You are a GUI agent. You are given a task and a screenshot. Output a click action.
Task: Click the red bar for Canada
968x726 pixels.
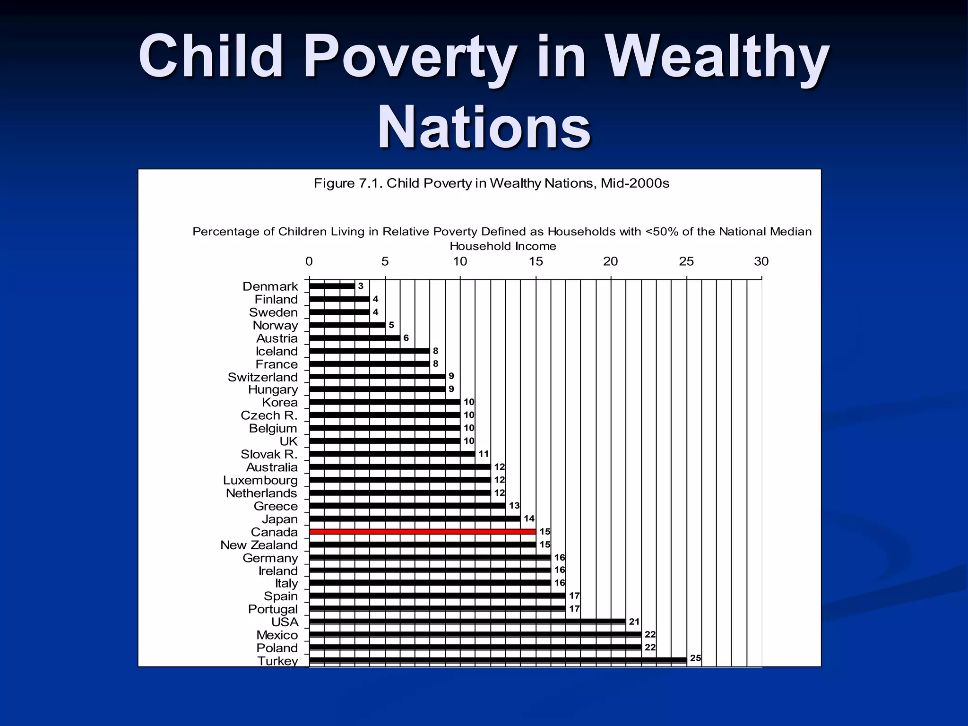(x=422, y=532)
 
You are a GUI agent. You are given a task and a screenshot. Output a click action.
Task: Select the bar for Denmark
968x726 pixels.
(x=332, y=286)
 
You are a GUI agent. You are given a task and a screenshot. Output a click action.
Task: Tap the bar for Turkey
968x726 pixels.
(x=498, y=660)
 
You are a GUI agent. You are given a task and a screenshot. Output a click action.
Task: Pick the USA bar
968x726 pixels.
(x=467, y=622)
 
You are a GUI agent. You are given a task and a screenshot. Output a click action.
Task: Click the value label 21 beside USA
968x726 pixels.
(x=634, y=622)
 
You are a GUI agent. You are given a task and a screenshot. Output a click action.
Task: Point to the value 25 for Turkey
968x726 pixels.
(x=695, y=658)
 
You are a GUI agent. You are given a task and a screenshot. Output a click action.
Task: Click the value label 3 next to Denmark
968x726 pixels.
(x=361, y=286)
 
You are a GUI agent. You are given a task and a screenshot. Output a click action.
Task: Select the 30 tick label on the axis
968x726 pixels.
(x=761, y=261)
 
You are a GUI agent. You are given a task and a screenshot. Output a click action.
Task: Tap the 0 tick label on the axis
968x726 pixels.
(x=309, y=261)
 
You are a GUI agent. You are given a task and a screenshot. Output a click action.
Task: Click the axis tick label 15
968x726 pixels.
(x=536, y=261)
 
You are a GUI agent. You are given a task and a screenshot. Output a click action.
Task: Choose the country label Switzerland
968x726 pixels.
(x=263, y=377)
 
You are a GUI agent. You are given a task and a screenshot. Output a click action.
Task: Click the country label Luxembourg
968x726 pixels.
(x=260, y=480)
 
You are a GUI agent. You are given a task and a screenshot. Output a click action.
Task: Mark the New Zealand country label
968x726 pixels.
(x=259, y=545)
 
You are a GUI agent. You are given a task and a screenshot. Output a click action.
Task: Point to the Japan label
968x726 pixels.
(x=280, y=519)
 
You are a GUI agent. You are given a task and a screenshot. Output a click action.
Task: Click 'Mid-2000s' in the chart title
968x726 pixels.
(x=635, y=183)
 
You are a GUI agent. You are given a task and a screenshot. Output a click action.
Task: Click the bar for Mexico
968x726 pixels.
(x=475, y=634)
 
